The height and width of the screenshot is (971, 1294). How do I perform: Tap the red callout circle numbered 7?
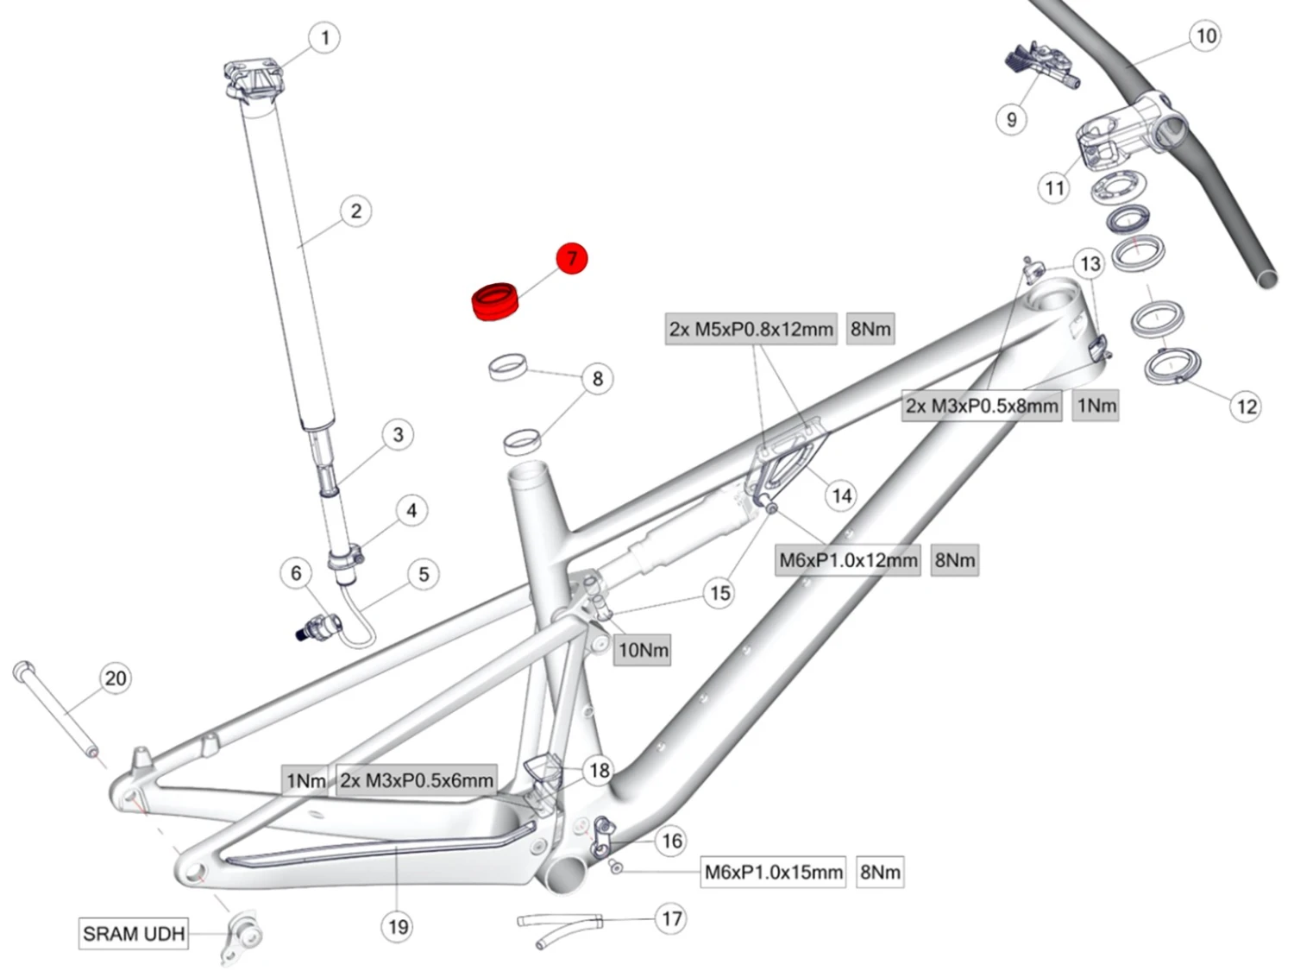[x=571, y=258]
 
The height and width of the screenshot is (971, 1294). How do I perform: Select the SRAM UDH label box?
[x=134, y=934]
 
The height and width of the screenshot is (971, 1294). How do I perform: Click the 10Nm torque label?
[x=643, y=650]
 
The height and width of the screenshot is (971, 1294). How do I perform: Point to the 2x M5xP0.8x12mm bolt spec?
[x=751, y=329]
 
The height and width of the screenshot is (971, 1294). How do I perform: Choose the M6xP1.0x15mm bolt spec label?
[x=774, y=872]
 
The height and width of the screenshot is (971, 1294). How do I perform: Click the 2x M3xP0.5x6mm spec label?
[x=417, y=780]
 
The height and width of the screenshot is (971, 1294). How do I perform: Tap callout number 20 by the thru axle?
[x=116, y=678]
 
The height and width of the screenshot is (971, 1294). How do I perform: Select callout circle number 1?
[x=324, y=38]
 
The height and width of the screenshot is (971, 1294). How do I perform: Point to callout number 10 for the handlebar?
[x=1205, y=36]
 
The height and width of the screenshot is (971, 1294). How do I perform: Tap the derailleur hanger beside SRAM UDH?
[x=243, y=934]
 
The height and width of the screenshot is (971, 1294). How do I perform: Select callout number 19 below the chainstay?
[x=398, y=927]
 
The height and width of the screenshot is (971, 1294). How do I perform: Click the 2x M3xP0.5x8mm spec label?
[x=982, y=406]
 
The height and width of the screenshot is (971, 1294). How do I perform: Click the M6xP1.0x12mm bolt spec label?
[x=848, y=560]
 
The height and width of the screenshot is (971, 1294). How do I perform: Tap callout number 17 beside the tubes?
[x=671, y=918]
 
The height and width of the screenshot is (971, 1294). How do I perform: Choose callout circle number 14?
[x=841, y=495]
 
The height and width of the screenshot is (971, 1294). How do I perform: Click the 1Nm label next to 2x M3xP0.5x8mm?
[x=1096, y=406]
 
